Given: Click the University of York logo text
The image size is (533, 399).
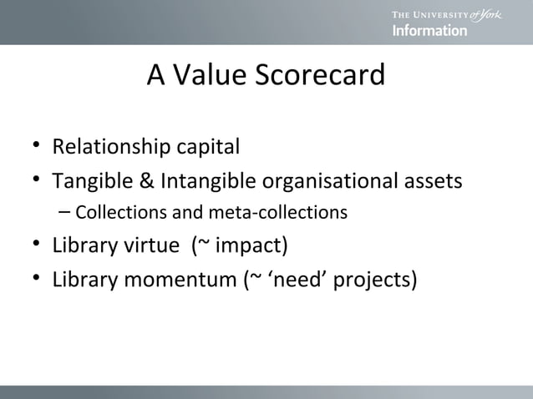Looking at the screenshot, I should click(445, 14).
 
